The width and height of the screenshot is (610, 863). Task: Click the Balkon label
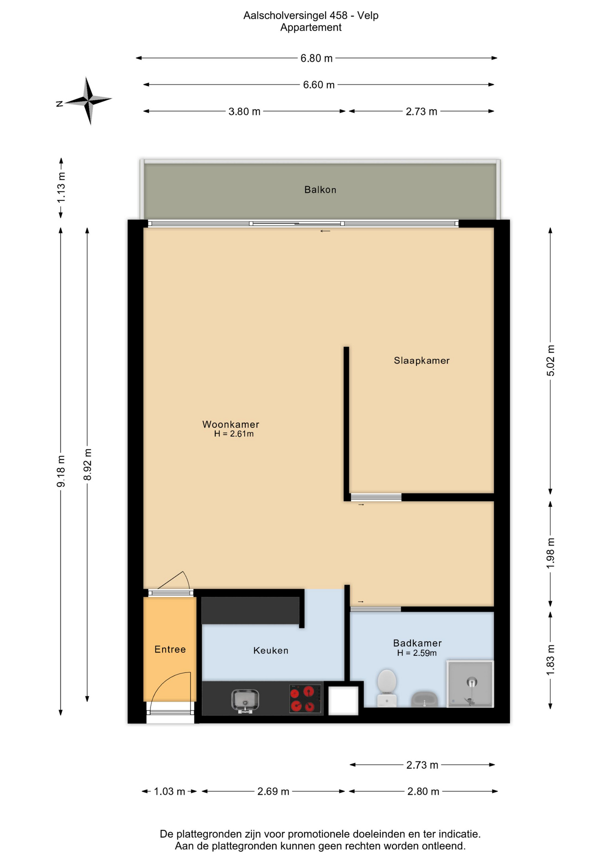tap(320, 190)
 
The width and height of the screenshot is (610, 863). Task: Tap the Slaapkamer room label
tap(422, 360)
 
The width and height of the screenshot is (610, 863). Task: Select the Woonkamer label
tap(231, 424)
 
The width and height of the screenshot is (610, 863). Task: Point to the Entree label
tap(170, 649)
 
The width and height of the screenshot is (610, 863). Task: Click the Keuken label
tap(271, 650)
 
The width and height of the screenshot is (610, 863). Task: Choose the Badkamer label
tap(417, 643)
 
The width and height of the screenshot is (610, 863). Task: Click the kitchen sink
tap(245, 701)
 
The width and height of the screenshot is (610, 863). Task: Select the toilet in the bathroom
tap(387, 688)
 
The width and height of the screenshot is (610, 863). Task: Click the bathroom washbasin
tap(424, 699)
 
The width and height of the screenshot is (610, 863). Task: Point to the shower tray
tap(470, 684)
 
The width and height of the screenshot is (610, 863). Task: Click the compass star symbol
tap(88, 101)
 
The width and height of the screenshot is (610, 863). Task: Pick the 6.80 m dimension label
tap(317, 58)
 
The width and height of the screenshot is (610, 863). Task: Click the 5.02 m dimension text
tap(551, 360)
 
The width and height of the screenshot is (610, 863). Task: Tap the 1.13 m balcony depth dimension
tap(61, 187)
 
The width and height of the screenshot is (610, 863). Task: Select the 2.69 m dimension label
tap(273, 792)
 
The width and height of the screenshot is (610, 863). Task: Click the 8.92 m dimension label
tap(88, 464)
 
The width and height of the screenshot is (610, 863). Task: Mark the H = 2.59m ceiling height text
tap(417, 654)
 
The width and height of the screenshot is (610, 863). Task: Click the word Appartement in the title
tap(311, 28)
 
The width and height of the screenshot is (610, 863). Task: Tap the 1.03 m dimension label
tap(169, 792)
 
